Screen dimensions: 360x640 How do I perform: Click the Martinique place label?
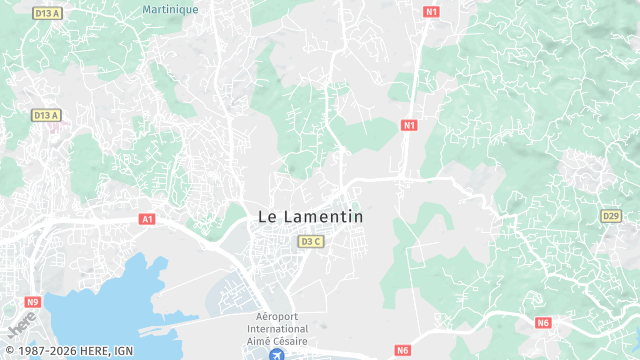click(x=170, y=8)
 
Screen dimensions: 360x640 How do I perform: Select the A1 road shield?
click(x=147, y=218)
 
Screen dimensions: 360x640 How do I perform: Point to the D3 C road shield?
click(x=311, y=241)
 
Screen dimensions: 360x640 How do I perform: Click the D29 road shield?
click(x=611, y=216)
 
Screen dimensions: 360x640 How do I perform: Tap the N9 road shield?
click(x=33, y=301)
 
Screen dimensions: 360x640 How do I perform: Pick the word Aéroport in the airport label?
click(x=277, y=316)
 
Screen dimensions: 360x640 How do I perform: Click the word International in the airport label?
click(x=277, y=328)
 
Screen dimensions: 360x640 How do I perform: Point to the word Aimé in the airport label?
click(x=258, y=340)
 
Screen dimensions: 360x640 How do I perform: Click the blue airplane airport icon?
click(x=277, y=354)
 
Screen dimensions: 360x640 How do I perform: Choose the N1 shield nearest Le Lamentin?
click(x=408, y=125)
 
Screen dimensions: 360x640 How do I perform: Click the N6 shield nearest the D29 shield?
click(x=544, y=323)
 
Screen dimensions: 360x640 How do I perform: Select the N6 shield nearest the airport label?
click(x=402, y=350)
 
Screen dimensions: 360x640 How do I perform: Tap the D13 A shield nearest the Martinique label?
click(x=47, y=13)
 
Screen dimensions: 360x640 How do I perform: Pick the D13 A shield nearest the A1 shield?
click(x=47, y=115)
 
